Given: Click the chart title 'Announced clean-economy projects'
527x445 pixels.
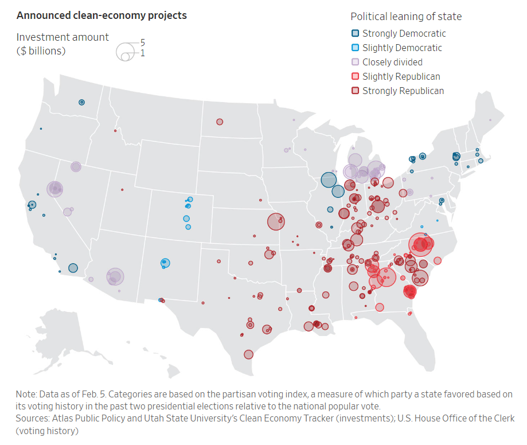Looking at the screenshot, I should click(102, 15).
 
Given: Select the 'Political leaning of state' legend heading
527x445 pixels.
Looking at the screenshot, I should click(406, 17).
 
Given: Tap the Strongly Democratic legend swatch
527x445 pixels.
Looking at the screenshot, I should click(356, 34).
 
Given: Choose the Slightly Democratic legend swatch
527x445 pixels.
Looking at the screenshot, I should click(356, 48).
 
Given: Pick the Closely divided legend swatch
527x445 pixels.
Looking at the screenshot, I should click(356, 62).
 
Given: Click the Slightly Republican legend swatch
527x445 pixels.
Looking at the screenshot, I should click(356, 76).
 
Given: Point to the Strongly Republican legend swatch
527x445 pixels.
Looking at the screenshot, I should click(356, 91).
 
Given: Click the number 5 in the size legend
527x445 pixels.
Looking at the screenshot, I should click(143, 43).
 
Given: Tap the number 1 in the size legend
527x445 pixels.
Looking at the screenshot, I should click(143, 53).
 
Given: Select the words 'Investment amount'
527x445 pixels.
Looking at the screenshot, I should click(63, 37).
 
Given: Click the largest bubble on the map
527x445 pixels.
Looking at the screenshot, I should click(421, 245).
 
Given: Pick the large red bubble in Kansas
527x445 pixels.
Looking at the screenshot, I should click(275, 221).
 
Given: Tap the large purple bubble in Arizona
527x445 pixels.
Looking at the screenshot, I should click(115, 277).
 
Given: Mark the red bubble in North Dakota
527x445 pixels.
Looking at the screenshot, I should click(220, 122).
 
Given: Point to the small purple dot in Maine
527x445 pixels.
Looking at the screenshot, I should click(490, 120).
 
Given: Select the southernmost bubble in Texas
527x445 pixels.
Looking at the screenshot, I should click(248, 354).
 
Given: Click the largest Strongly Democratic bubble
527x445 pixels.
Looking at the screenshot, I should click(328, 180).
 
